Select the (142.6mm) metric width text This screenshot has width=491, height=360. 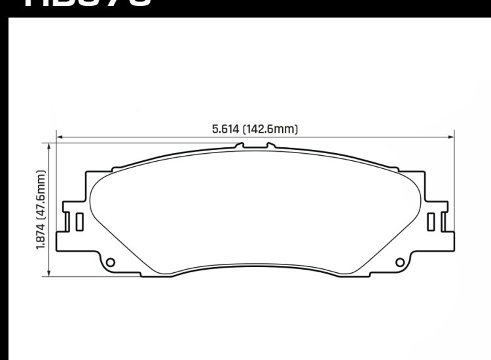coord(270,130)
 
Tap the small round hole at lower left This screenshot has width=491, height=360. coord(110,263)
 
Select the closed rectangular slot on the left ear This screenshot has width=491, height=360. coord(79,222)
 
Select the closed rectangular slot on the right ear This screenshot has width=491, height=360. coord(431,222)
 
